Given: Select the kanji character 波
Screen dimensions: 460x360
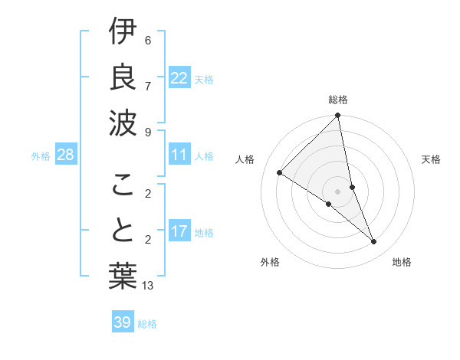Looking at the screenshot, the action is tap(123, 120).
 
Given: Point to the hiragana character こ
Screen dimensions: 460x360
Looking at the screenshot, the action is tap(123, 184).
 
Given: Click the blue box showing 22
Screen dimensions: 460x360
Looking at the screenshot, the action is tap(179, 78).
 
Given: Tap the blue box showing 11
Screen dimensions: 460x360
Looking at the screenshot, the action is tap(179, 155).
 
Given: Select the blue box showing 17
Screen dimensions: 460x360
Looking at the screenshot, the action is tap(179, 231).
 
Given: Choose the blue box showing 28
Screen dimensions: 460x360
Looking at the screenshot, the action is tap(66, 155).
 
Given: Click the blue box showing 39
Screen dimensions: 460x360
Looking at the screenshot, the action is tap(123, 322).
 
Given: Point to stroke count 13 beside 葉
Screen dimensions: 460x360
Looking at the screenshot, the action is tap(148, 286).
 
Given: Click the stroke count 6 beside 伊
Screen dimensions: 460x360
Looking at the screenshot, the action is tap(148, 40).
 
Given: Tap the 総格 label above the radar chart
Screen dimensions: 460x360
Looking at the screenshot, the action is tap(338, 100).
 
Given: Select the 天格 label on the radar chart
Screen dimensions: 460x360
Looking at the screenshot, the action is tap(431, 159).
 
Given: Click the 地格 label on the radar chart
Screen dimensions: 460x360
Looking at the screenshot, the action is tap(402, 262).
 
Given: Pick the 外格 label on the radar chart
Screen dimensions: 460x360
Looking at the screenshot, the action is tap(270, 262).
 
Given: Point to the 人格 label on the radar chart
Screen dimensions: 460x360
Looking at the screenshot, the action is tap(245, 159).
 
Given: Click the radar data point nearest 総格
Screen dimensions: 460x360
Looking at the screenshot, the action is tap(338, 116).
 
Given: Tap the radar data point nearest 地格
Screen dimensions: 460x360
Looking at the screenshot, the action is tap(374, 242).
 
